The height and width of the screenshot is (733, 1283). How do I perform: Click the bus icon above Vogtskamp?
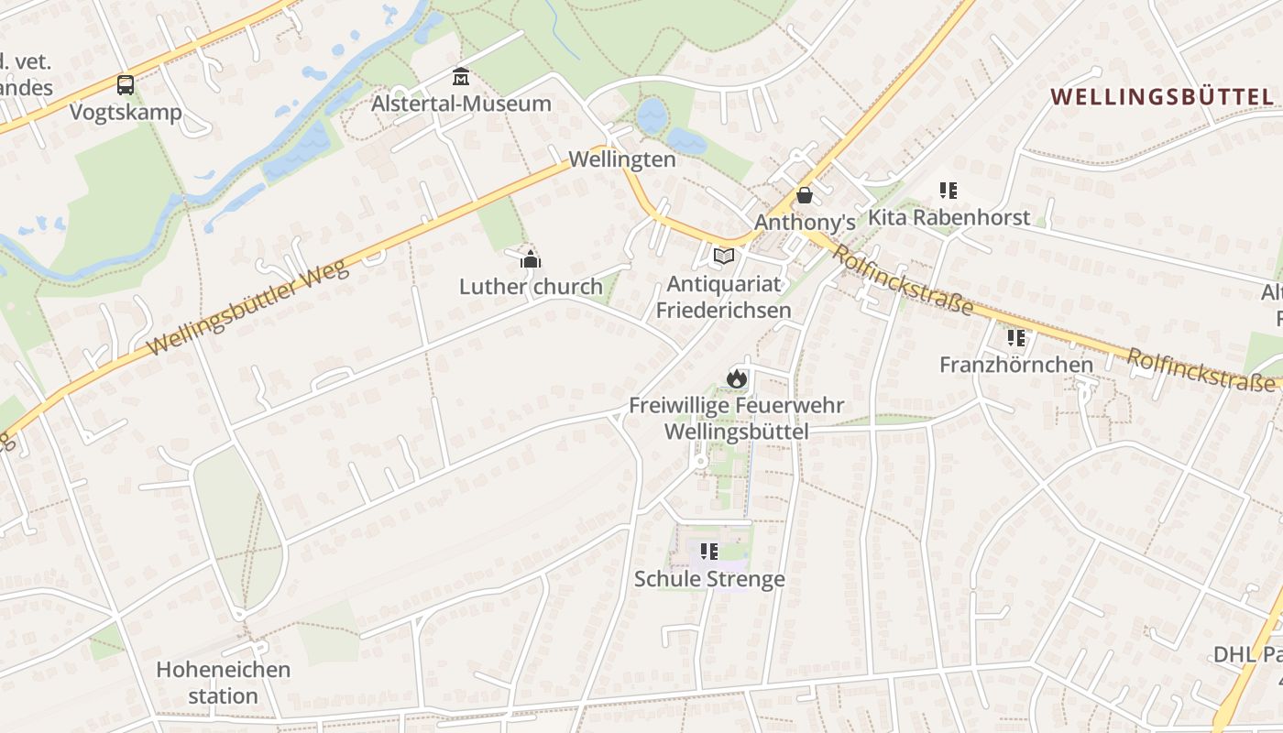(x=126, y=85)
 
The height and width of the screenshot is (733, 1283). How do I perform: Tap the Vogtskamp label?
(x=126, y=113)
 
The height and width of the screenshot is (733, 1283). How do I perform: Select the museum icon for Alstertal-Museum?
(x=461, y=76)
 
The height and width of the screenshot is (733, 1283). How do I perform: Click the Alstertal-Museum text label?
(x=461, y=104)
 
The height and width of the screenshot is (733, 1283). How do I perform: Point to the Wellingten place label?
(x=621, y=159)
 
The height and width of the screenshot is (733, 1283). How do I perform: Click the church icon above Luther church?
(x=531, y=259)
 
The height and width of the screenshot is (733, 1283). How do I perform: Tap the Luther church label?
(x=531, y=287)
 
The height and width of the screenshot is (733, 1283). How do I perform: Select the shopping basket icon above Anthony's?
(x=805, y=195)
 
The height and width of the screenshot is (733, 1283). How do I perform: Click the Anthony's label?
(x=805, y=223)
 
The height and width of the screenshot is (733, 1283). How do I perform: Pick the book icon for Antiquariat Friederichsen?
(x=724, y=256)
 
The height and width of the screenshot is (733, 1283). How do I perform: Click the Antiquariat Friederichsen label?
(x=723, y=297)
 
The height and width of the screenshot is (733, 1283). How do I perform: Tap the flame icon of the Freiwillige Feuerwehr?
(x=736, y=377)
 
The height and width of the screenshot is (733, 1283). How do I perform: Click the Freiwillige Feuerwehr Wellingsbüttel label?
(x=736, y=418)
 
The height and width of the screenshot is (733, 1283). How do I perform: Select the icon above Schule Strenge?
(x=709, y=552)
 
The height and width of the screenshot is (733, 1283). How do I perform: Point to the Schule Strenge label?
(x=709, y=579)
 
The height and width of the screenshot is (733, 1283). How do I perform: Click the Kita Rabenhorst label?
(x=949, y=218)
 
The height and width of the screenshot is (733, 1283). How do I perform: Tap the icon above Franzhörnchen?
(x=1016, y=337)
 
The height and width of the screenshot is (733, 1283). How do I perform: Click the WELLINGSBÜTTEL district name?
(x=1161, y=97)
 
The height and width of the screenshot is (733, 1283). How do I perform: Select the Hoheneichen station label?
(x=223, y=683)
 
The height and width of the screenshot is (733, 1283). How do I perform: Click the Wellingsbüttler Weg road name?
(x=247, y=308)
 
